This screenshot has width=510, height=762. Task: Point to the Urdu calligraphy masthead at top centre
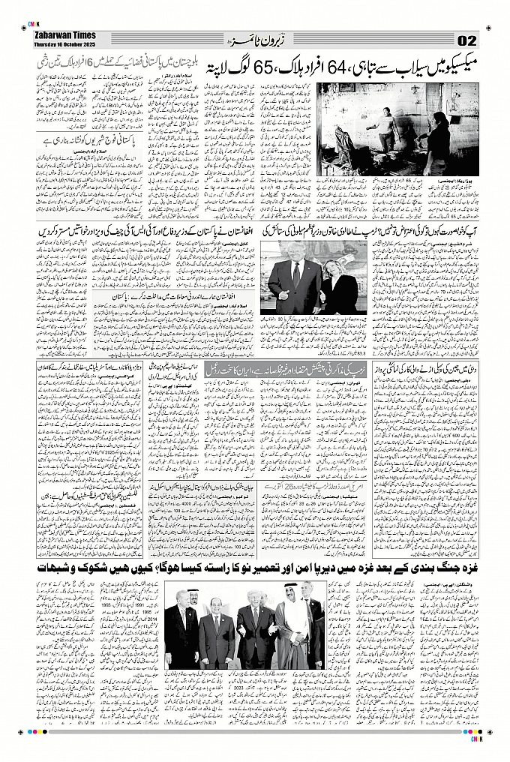click(x=255, y=38)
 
